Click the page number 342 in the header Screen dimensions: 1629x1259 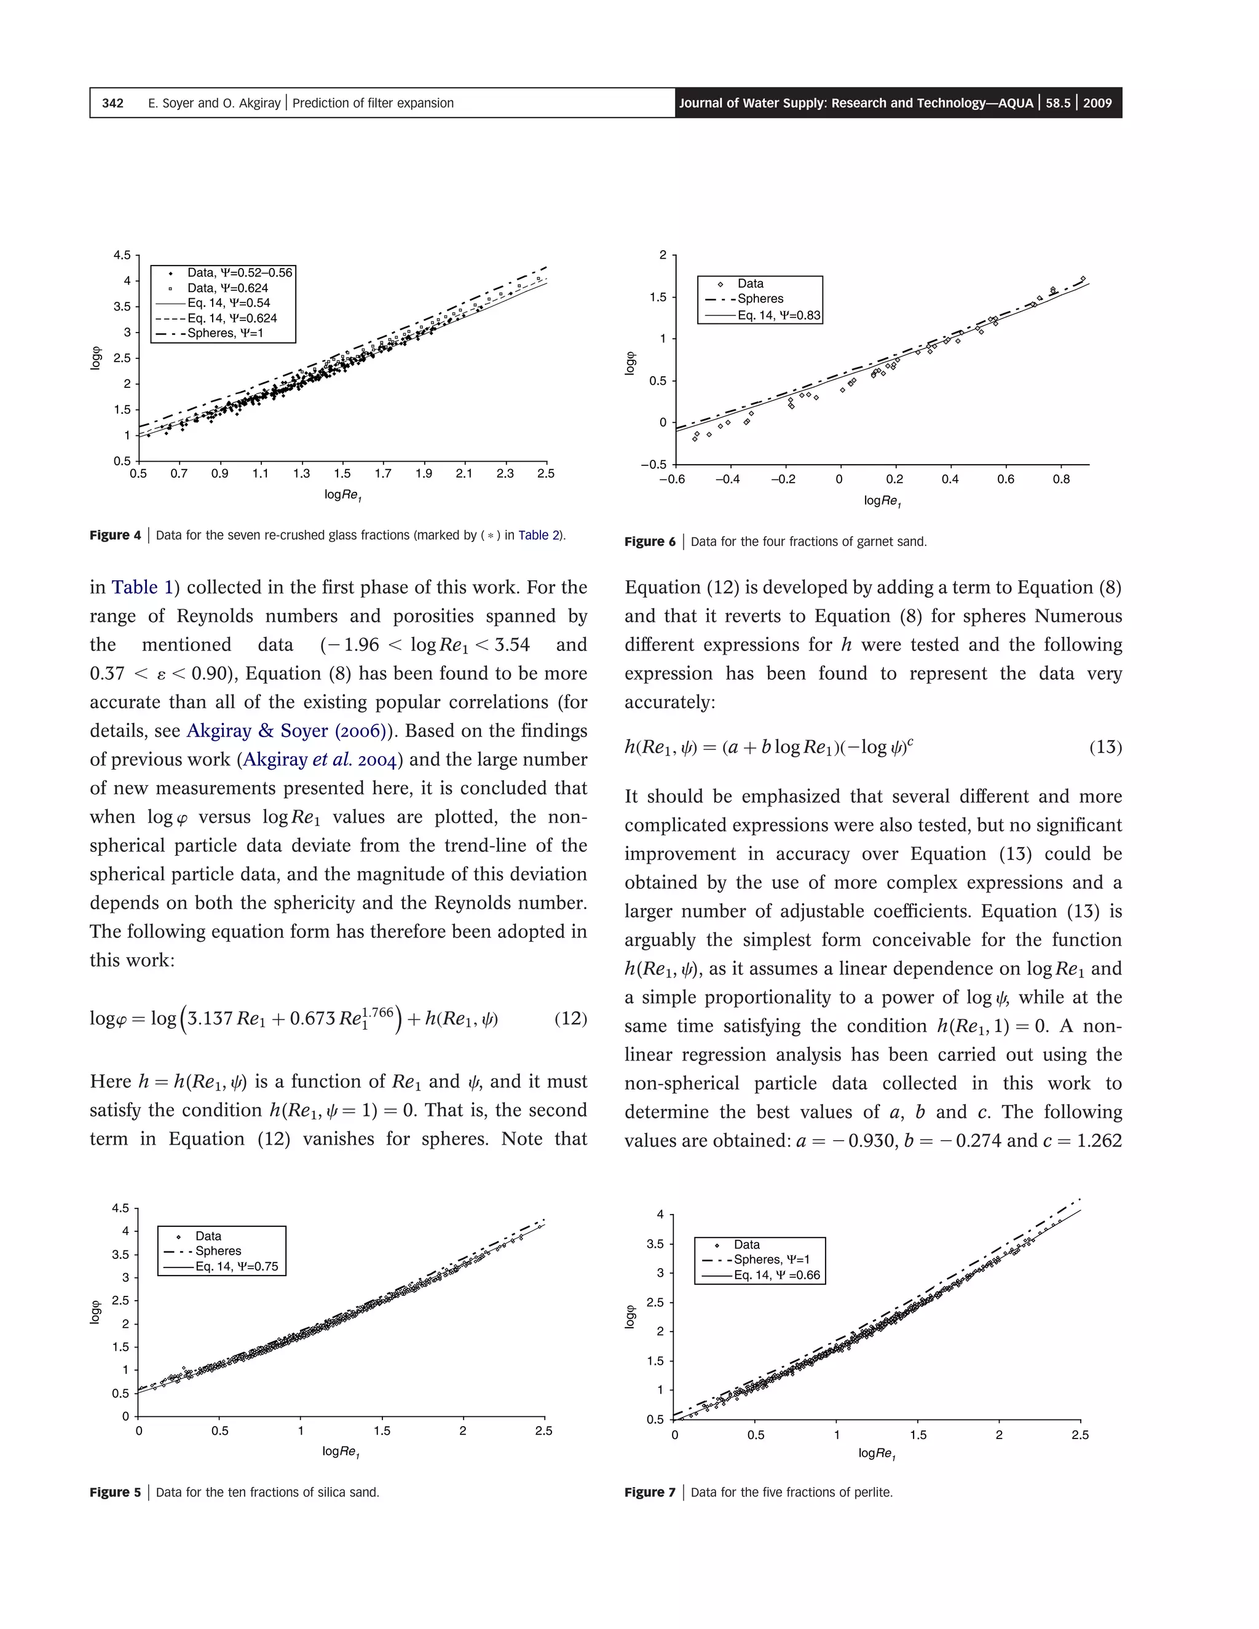(112, 103)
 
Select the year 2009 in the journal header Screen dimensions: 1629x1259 (1097, 103)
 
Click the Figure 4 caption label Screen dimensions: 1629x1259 (115, 535)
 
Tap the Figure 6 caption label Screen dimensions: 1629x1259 (650, 542)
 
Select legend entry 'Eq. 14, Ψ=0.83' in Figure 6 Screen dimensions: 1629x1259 (779, 315)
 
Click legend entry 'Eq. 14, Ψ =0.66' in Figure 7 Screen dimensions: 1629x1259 (776, 1275)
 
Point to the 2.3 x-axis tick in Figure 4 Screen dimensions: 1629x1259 (505, 473)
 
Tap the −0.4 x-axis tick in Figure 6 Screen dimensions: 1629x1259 (727, 479)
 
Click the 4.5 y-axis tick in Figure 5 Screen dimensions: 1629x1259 (120, 1209)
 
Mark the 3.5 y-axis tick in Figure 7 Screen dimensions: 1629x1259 (655, 1244)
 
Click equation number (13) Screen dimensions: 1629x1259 (1105, 747)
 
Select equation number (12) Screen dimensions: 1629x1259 (570, 1018)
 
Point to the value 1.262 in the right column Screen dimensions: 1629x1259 (1099, 1140)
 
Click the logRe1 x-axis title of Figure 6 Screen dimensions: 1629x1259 (882, 501)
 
